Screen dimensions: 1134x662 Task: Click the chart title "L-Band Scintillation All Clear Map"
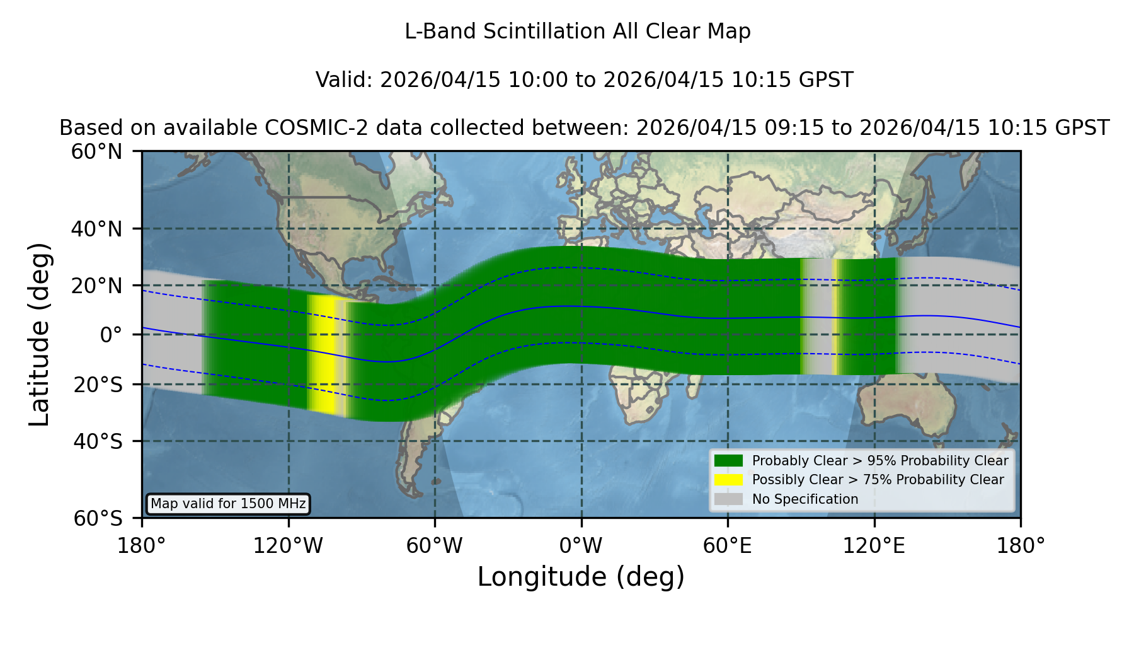(x=577, y=32)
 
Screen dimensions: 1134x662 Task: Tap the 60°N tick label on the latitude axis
(x=96, y=152)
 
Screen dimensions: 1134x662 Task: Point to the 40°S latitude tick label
(x=98, y=441)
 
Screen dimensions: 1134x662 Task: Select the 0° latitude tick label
(x=111, y=335)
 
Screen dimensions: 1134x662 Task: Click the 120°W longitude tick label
(x=288, y=546)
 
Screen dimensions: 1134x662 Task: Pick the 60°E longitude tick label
(x=728, y=546)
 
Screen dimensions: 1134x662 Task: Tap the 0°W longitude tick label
(x=581, y=546)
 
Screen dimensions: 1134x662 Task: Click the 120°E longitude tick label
(x=874, y=546)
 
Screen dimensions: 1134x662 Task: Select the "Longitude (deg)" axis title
(x=581, y=577)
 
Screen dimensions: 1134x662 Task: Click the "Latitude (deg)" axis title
(x=39, y=334)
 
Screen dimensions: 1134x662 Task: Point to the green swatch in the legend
(x=728, y=461)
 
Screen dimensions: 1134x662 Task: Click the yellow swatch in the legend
(x=728, y=480)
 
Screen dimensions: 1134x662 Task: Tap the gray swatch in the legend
(x=728, y=499)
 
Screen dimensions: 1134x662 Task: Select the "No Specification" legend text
(x=805, y=499)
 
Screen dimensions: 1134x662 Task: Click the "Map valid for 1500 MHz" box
(x=228, y=504)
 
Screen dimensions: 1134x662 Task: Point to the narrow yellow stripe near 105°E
(x=835, y=316)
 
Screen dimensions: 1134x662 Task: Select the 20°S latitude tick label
(x=98, y=385)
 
